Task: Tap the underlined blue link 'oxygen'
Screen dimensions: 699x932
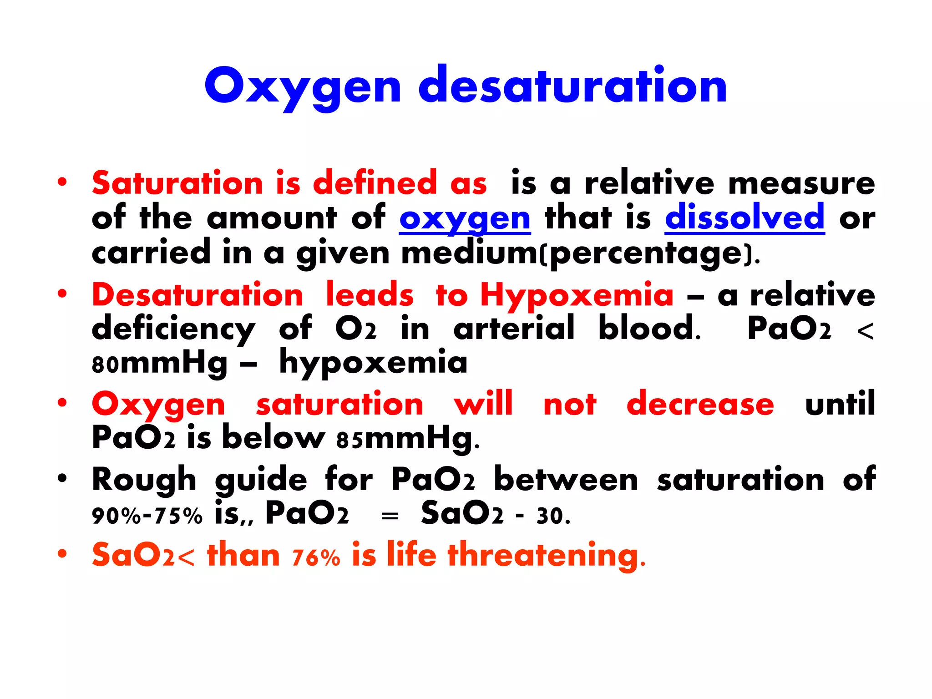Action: [x=465, y=218]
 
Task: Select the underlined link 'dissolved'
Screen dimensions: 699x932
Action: [x=745, y=218]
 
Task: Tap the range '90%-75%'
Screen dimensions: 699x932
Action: [x=147, y=516]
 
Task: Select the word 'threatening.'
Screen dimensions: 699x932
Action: [x=547, y=555]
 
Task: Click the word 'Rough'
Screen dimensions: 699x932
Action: [x=144, y=480]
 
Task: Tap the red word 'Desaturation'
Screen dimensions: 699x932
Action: [x=198, y=295]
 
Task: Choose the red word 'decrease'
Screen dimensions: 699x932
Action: [x=700, y=404]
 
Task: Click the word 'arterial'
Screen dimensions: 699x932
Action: [x=514, y=328]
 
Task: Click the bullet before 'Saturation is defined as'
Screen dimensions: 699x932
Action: [x=62, y=182]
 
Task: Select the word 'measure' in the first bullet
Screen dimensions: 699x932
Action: [x=801, y=183]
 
